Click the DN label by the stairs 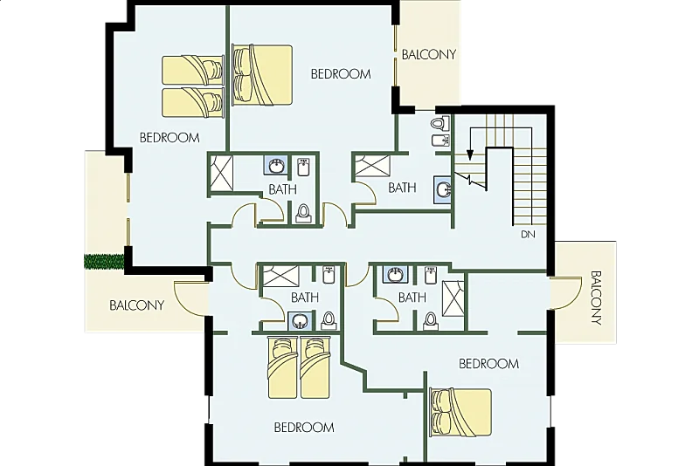click(528, 234)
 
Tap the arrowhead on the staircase click(469, 154)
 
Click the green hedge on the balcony click(104, 261)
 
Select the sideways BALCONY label click(596, 298)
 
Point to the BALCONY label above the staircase click(429, 54)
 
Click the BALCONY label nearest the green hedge click(137, 305)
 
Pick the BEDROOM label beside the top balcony click(341, 74)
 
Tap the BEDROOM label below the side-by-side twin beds click(304, 428)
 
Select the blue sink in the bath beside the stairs click(443, 189)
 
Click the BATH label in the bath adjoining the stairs click(402, 188)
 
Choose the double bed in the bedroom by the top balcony click(262, 75)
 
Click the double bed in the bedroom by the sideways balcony click(460, 413)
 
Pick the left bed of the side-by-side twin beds click(282, 368)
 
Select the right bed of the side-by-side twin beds click(315, 368)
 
